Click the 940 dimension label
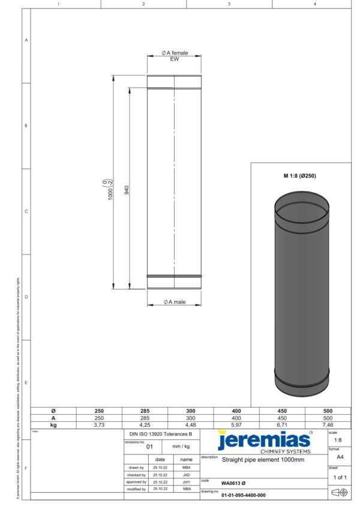(127, 190)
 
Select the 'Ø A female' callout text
(174, 53)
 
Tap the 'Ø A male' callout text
(174, 302)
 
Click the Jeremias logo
(264, 439)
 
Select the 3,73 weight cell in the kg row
(99, 424)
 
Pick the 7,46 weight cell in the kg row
(328, 424)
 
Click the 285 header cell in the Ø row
(145, 411)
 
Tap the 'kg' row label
(53, 424)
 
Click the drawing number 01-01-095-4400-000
(243, 495)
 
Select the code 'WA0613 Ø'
(233, 482)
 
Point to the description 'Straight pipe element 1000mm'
(263, 460)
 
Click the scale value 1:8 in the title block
(338, 440)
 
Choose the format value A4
(340, 457)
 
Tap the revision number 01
(150, 447)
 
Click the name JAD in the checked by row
(186, 474)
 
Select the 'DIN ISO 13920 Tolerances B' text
(161, 433)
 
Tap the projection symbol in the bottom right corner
(340, 492)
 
